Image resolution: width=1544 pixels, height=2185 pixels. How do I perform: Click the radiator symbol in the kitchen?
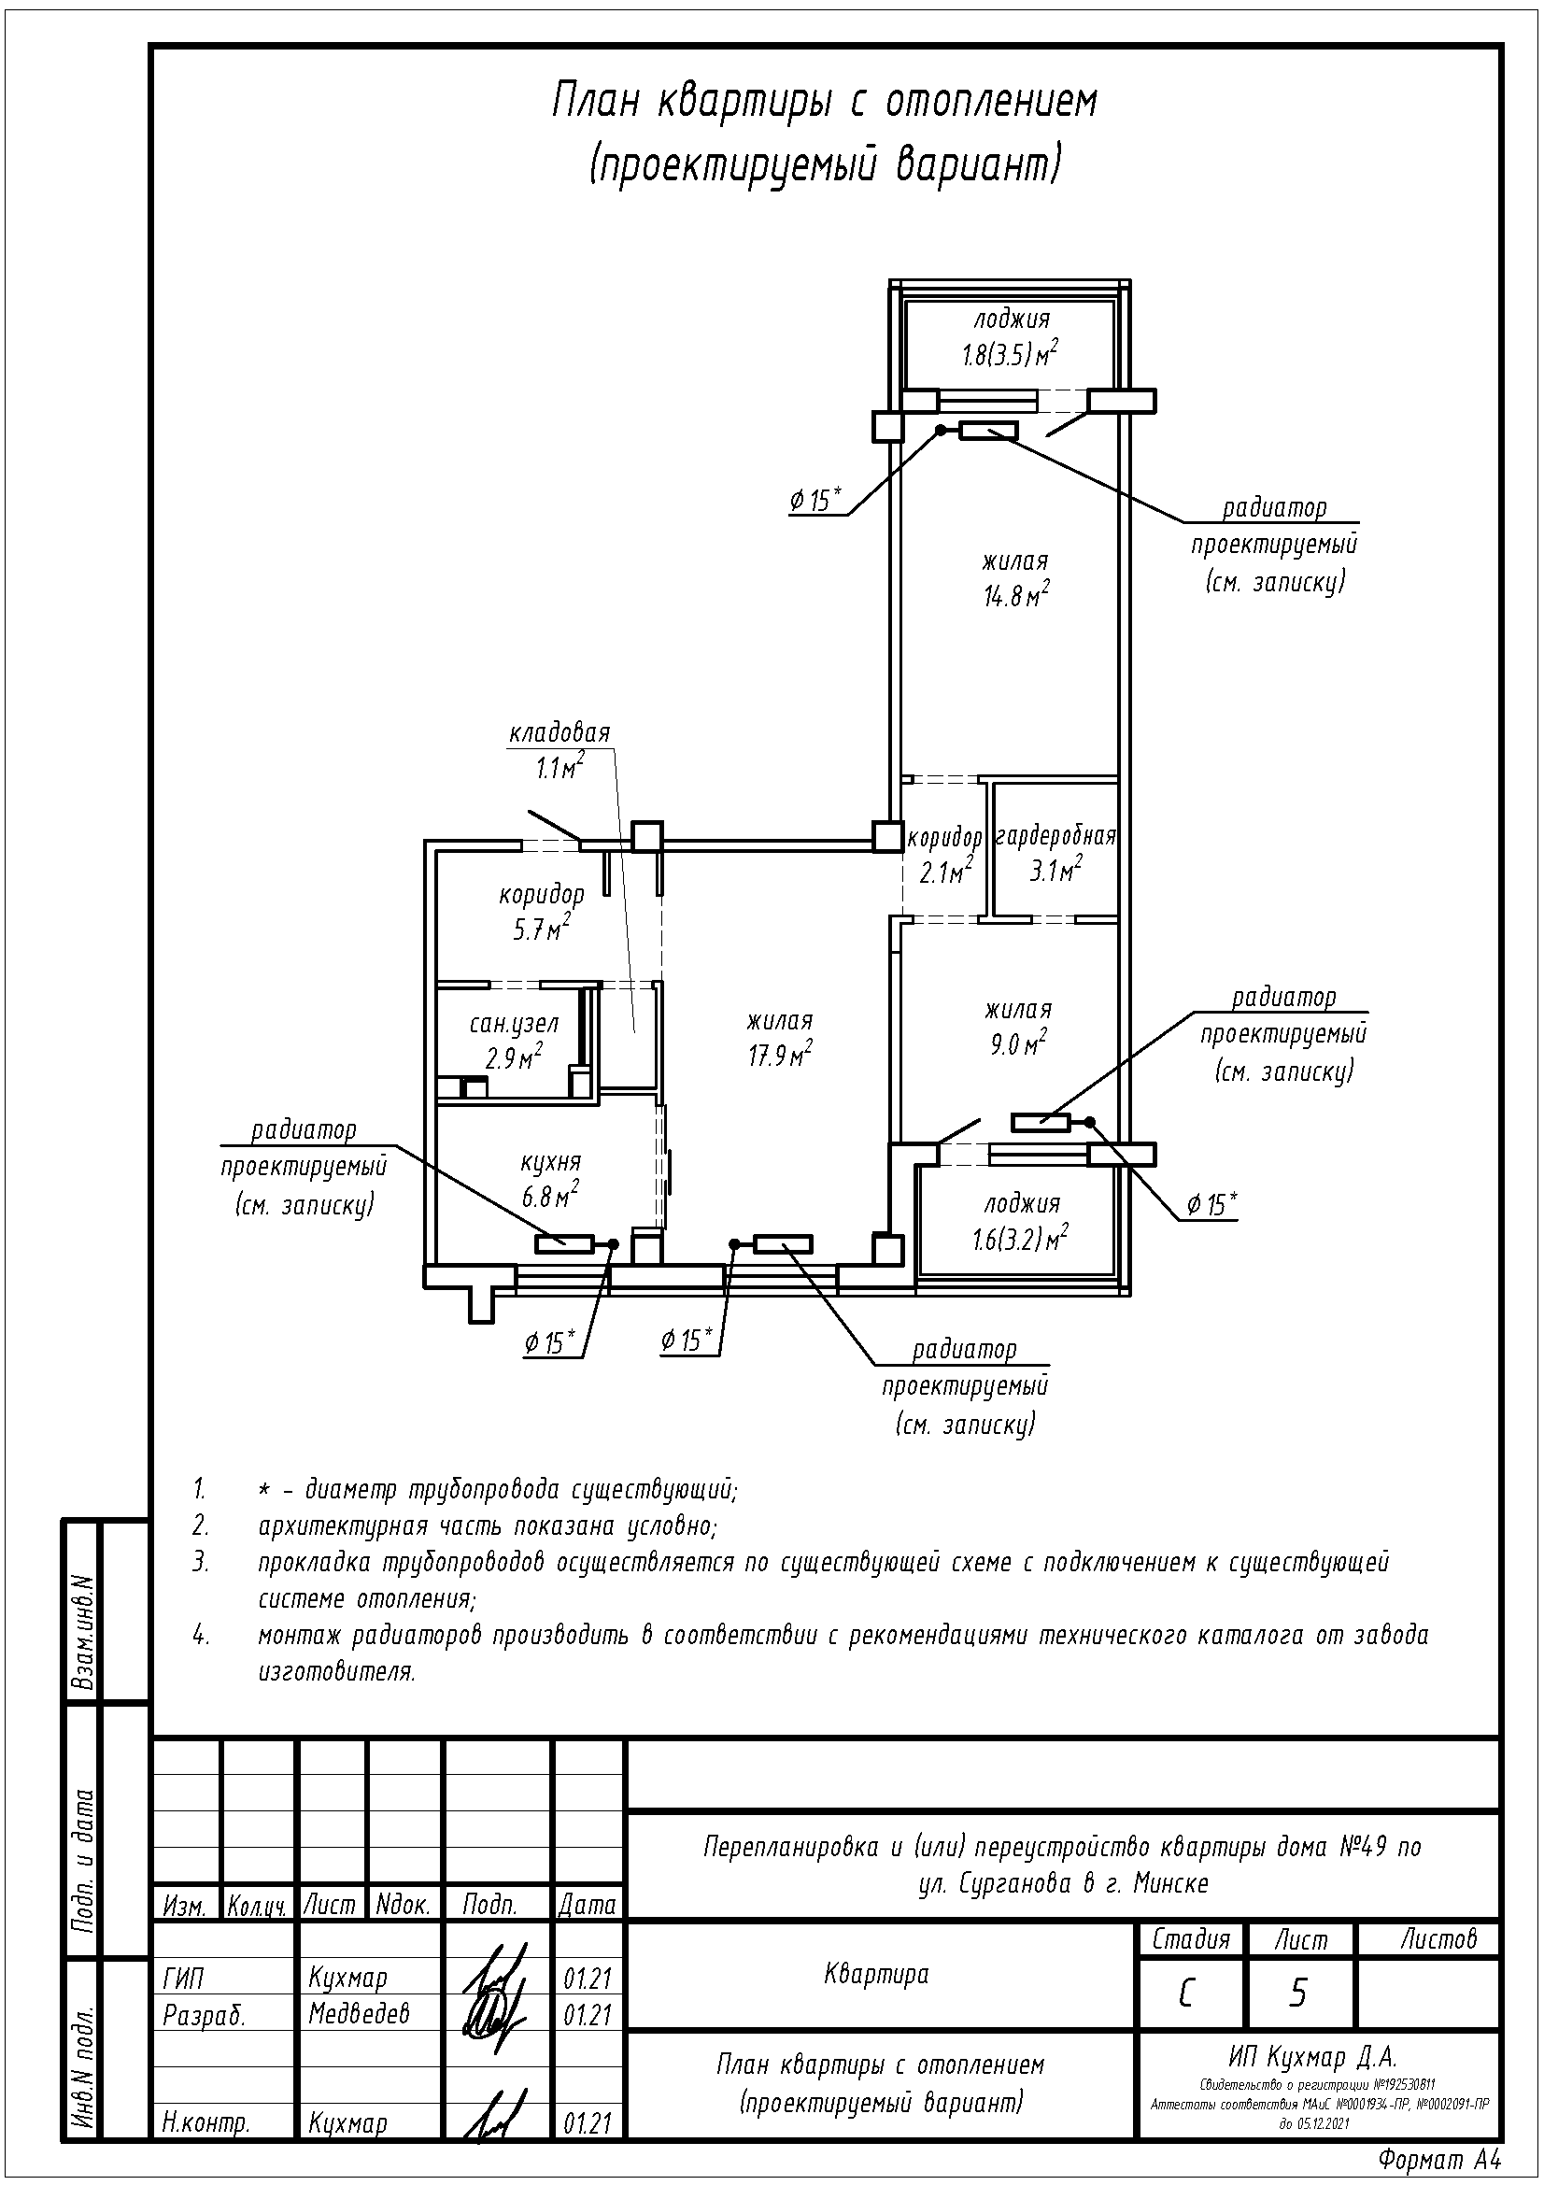click(564, 1242)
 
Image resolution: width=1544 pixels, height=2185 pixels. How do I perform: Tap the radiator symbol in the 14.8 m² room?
click(988, 431)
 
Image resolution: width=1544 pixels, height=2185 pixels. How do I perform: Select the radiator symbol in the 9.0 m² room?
click(1041, 1123)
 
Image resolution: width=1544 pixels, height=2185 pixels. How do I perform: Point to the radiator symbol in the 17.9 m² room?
click(783, 1242)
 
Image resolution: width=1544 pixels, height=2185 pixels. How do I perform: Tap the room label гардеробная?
click(1055, 836)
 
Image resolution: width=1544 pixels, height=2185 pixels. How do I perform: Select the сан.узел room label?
click(514, 1023)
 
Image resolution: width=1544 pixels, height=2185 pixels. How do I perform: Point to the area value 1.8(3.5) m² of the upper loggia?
click(1010, 354)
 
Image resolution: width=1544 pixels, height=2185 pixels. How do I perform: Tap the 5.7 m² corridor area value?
click(543, 929)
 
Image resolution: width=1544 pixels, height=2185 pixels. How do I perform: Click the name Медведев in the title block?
click(359, 2013)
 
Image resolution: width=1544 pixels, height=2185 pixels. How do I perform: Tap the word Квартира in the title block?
click(876, 1974)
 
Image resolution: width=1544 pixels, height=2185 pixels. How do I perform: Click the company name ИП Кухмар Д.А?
click(1311, 2056)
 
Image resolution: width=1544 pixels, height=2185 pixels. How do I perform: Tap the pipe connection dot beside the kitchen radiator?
click(614, 1243)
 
